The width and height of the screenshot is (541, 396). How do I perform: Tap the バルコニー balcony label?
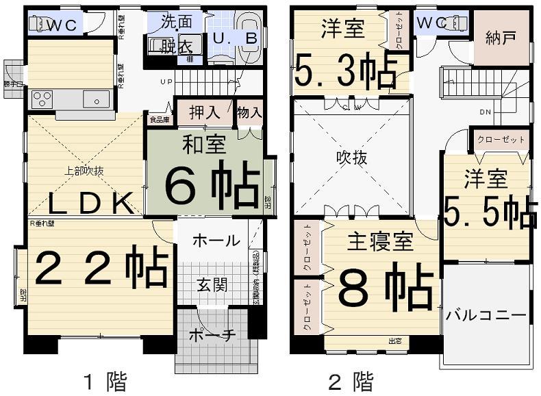486,316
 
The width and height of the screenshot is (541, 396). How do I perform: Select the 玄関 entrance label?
214,284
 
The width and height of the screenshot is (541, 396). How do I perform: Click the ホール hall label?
216,241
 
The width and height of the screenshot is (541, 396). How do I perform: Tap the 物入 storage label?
249,113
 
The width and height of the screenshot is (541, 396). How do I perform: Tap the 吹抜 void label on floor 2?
351,158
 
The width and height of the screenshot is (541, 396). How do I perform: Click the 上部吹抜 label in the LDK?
84,172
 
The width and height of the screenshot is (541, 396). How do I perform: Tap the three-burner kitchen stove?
42,99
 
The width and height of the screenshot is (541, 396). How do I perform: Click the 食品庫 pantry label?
159,119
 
